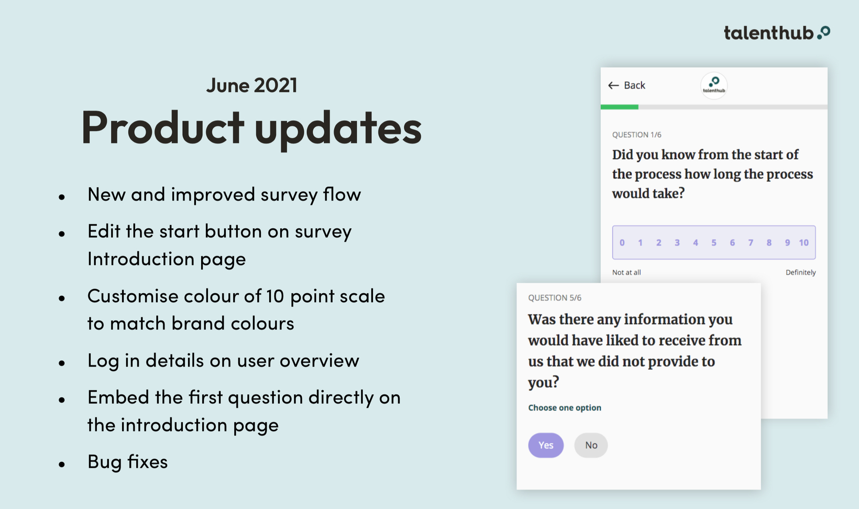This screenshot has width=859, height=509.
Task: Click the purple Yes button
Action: (546, 445)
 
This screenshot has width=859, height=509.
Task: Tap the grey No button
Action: (591, 445)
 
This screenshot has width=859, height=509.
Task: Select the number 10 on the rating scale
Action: (804, 242)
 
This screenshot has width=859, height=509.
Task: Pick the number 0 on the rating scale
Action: (622, 242)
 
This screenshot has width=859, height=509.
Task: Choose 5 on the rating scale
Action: (714, 242)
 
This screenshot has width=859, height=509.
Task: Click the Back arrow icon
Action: (613, 85)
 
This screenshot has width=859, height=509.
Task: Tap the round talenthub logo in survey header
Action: (714, 85)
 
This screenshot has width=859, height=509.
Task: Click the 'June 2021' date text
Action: (251, 85)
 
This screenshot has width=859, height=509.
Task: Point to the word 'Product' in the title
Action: (162, 127)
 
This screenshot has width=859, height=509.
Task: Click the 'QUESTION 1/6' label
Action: (636, 135)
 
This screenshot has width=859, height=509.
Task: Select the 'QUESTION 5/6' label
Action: (555, 298)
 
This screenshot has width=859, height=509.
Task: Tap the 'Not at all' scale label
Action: (626, 272)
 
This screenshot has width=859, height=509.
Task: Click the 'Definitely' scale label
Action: (801, 272)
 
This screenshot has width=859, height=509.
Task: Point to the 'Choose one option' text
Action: (565, 408)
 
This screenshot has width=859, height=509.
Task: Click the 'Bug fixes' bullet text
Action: (128, 461)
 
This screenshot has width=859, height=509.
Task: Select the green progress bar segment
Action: (619, 107)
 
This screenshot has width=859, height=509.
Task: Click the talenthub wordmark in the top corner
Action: (777, 33)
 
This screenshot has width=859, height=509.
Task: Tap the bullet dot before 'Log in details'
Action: (62, 362)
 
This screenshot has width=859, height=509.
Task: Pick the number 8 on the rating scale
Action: (769, 242)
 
